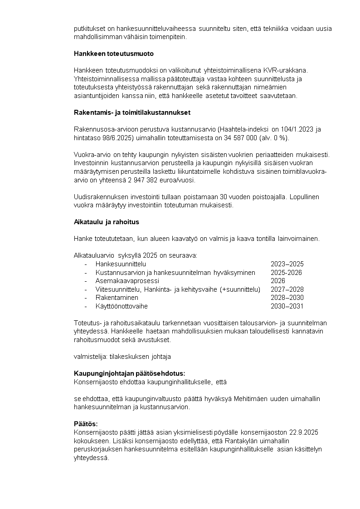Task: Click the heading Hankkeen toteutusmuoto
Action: click(x=114, y=54)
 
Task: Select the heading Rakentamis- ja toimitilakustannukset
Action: click(x=132, y=113)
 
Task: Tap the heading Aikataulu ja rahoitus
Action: click(x=107, y=222)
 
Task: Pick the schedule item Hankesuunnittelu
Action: click(x=121, y=264)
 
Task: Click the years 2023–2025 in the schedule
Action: click(x=287, y=264)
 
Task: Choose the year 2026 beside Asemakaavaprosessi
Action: click(x=278, y=281)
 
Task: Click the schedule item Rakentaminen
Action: click(x=117, y=298)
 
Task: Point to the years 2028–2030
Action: click(x=287, y=298)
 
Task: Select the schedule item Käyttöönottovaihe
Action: click(x=122, y=306)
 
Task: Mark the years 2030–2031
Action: click(x=287, y=306)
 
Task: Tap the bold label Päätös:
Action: click(x=86, y=424)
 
